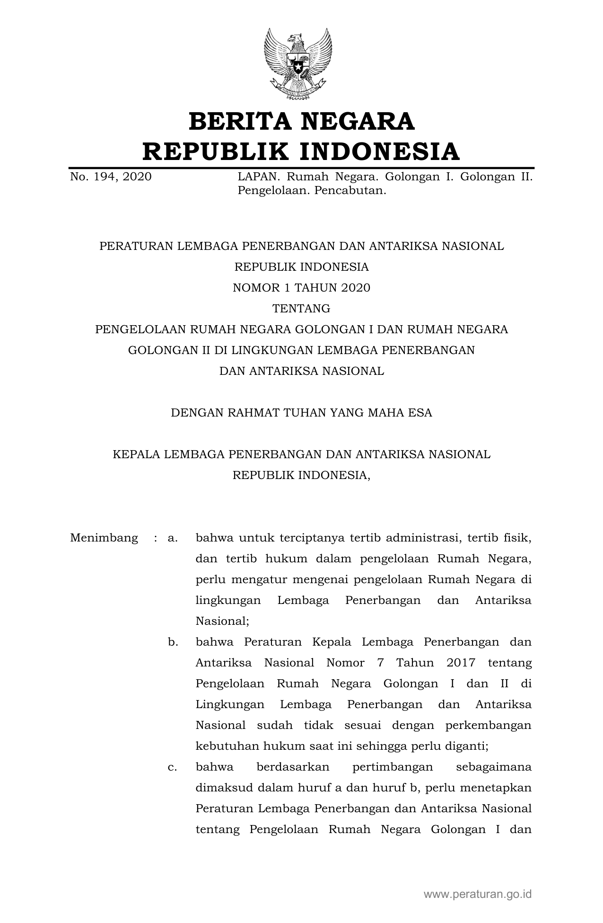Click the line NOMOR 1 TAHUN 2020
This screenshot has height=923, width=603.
[301, 288]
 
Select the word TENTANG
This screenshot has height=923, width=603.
[301, 309]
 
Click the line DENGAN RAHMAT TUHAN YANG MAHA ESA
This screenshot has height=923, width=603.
[301, 413]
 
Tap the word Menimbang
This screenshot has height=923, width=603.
[104, 538]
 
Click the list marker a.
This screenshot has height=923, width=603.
[173, 538]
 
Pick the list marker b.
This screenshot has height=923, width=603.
[173, 642]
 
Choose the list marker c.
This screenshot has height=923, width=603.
[173, 767]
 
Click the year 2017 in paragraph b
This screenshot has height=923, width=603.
[461, 663]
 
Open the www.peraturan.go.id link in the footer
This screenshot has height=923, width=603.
[478, 894]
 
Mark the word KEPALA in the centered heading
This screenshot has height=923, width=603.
[136, 454]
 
